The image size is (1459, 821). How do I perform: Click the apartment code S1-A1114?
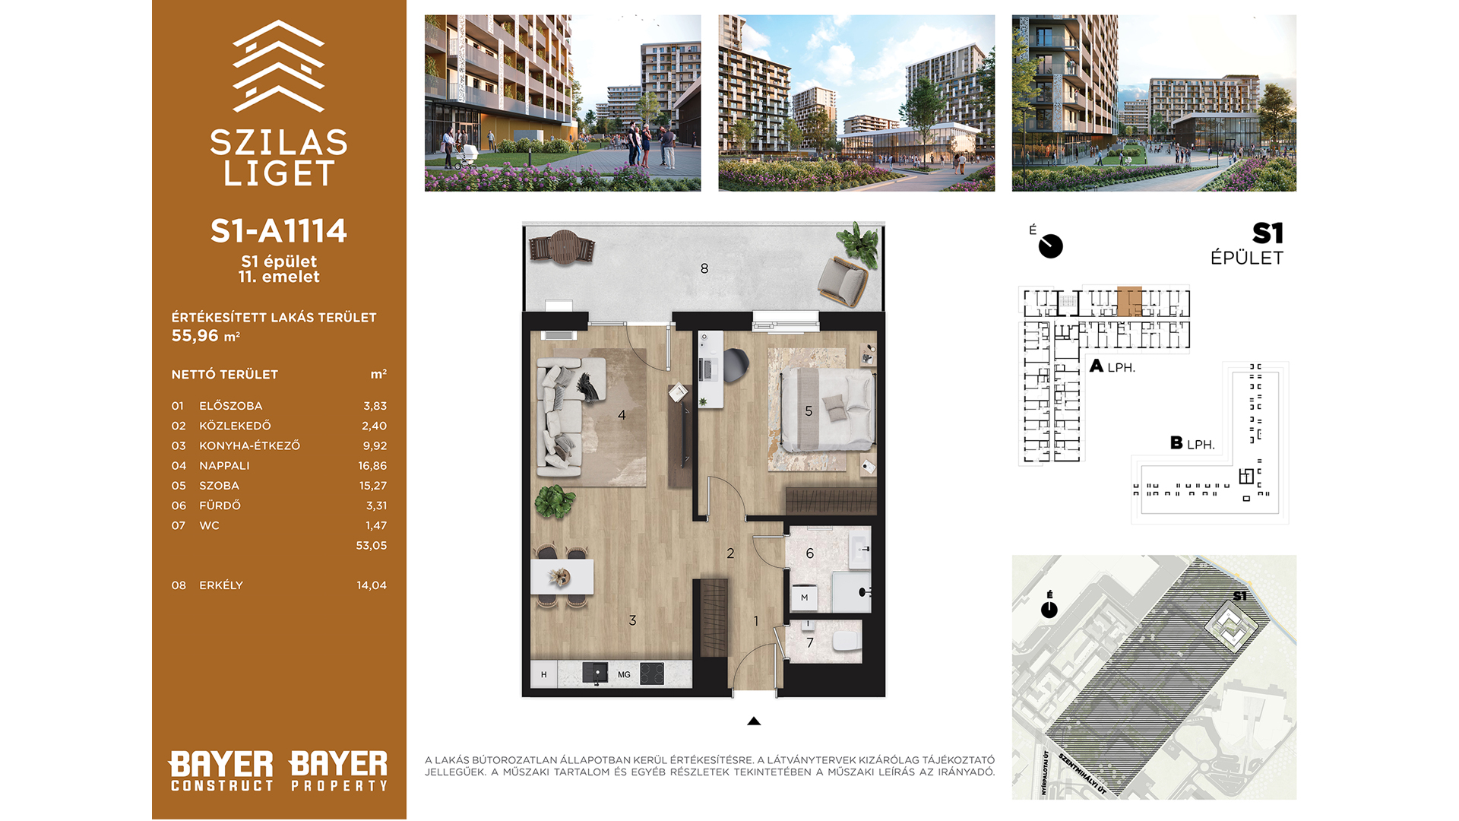tap(278, 231)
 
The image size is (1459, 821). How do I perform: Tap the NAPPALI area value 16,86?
tap(372, 465)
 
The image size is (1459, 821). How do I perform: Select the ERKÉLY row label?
tap(221, 585)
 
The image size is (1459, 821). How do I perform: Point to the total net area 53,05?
tap(371, 545)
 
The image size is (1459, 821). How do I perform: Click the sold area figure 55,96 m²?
tap(206, 336)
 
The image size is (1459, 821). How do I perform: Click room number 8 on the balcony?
tap(704, 268)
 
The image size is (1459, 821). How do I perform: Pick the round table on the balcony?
tap(564, 247)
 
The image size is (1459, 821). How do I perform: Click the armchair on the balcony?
tap(843, 281)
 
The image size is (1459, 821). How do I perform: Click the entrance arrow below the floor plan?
tap(754, 721)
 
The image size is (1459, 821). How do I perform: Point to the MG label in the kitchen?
tap(624, 674)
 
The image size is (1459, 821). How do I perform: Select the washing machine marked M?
tap(804, 598)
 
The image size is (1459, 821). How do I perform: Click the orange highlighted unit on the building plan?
tap(1129, 301)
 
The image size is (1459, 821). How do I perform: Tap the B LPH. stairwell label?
tap(1192, 443)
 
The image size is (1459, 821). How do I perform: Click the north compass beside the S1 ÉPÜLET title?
tap(1050, 246)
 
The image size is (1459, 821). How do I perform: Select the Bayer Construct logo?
tap(221, 771)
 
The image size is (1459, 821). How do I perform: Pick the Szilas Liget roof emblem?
tap(278, 66)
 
